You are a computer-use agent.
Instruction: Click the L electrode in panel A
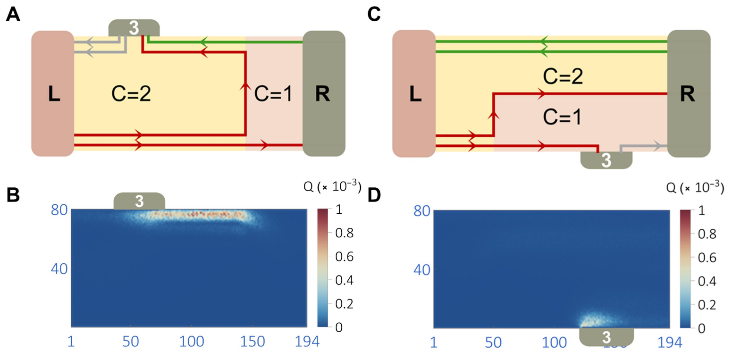click(x=52, y=93)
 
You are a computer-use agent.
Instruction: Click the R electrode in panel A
click(x=324, y=93)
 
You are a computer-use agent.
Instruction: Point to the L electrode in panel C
click(x=414, y=93)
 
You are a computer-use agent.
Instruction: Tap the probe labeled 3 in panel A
click(x=134, y=28)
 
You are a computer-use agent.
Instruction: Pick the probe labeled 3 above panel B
click(x=139, y=201)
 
